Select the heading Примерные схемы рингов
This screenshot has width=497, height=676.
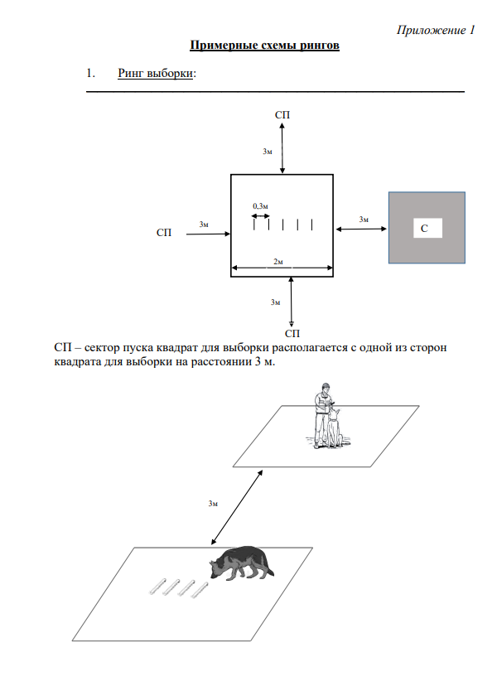tap(265, 45)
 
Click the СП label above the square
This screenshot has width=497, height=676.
tap(283, 113)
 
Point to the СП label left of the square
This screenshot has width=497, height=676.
tap(165, 234)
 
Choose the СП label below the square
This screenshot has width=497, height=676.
tap(292, 333)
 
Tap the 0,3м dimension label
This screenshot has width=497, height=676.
tap(261, 205)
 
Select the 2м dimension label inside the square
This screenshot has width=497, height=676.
tap(278, 262)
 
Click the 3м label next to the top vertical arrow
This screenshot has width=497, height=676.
tap(268, 152)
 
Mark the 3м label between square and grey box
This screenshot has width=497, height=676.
tap(364, 219)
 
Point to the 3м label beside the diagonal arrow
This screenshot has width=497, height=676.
tap(214, 503)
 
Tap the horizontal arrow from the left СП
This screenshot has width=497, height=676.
tap(208, 234)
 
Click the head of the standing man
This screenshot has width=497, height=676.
tap(324, 388)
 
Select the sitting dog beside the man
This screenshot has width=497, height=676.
tap(335, 427)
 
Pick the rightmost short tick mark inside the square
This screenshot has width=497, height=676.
tap(311, 224)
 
